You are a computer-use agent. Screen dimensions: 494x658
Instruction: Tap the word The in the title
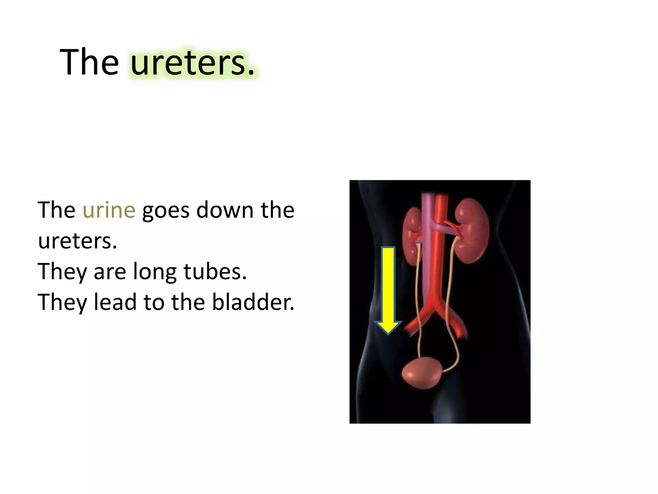[x=89, y=62]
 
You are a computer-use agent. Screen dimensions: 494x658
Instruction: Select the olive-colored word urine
[x=109, y=210]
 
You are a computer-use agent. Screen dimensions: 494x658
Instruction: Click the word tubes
[x=215, y=271]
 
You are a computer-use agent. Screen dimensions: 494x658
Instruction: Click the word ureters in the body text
[x=77, y=241]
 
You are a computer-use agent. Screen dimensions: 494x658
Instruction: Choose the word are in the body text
[x=110, y=273]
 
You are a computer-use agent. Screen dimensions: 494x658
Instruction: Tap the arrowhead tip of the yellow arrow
[x=388, y=334]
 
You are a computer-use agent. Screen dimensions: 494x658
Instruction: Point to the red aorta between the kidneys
[x=439, y=257]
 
